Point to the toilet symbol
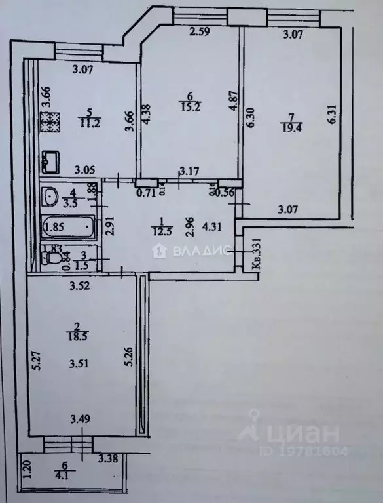pos(48,256)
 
